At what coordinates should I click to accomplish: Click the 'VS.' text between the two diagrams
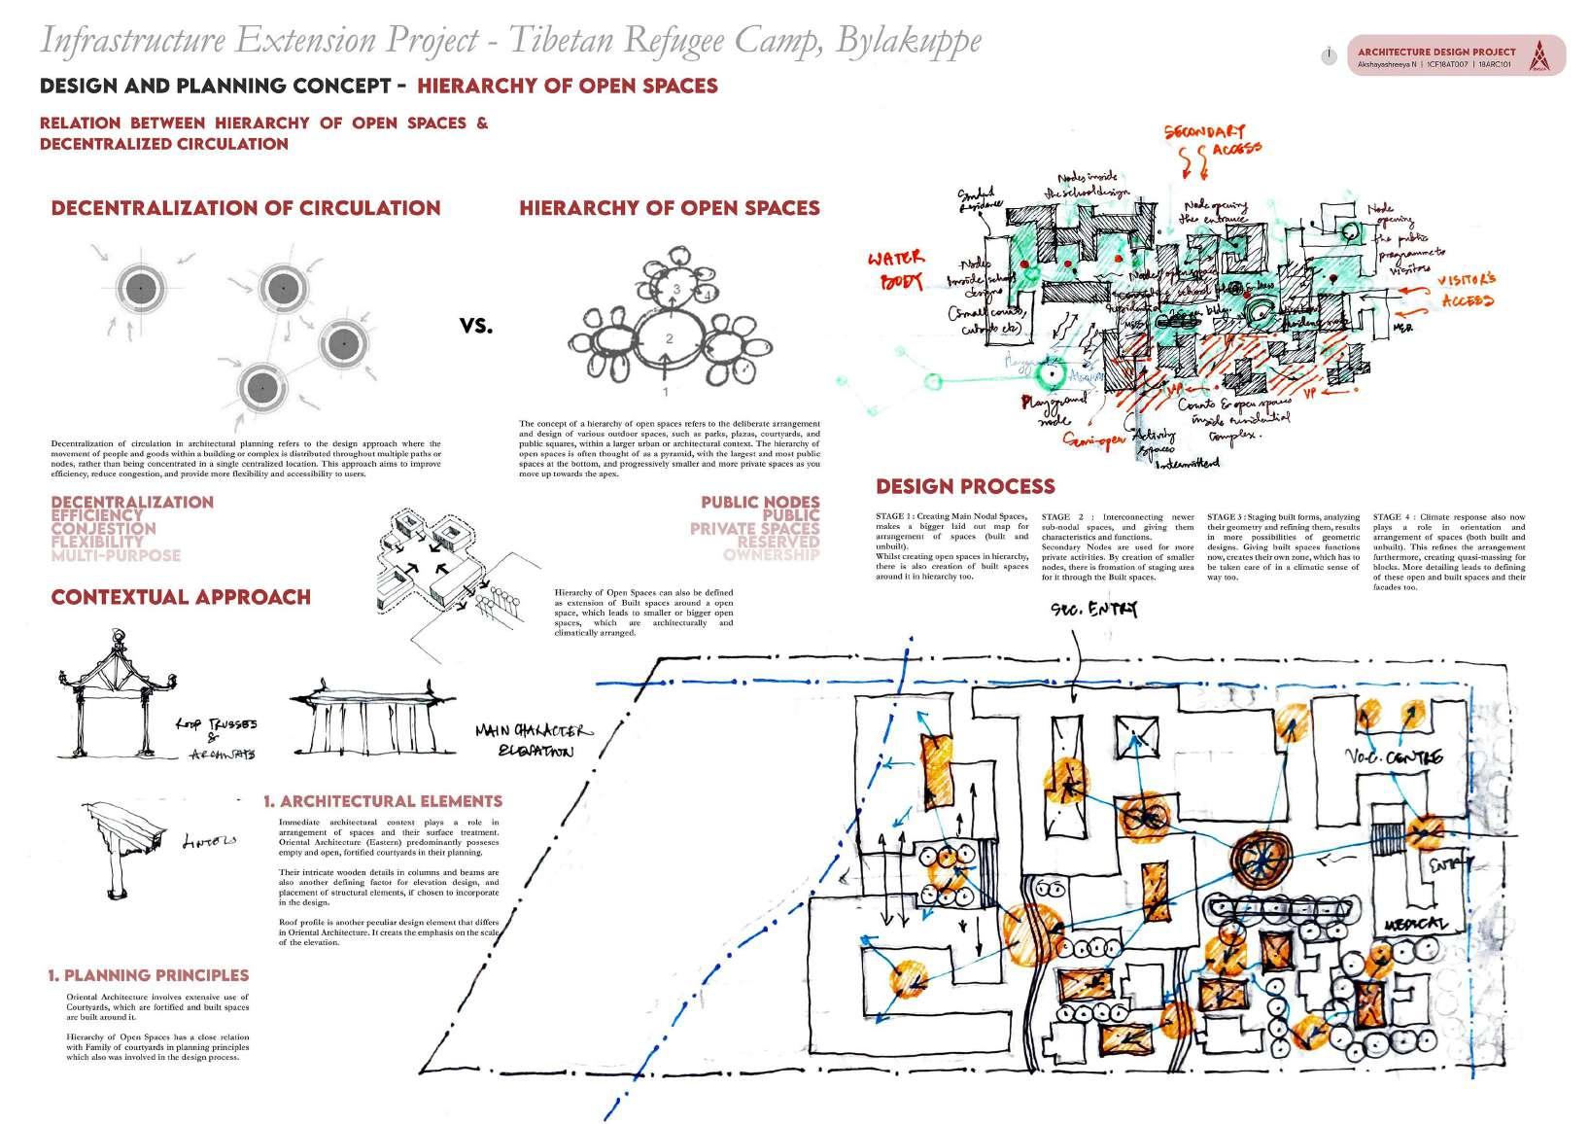coord(476,327)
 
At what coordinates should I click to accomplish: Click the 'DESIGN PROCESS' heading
coord(965,486)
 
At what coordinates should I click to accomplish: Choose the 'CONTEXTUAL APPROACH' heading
coord(181,597)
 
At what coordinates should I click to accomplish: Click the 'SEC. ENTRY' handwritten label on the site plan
coord(1092,610)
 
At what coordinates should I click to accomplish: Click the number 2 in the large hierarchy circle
coord(669,338)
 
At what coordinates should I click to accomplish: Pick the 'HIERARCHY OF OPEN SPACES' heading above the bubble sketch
coord(669,208)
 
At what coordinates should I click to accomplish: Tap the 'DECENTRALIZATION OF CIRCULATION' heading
coord(245,208)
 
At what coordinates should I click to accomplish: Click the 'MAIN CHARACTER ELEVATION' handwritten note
coord(533,741)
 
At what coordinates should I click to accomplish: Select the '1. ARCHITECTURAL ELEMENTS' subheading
coord(383,801)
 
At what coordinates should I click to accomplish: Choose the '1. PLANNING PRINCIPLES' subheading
coord(148,975)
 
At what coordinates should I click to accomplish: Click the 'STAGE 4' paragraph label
coord(1396,517)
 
